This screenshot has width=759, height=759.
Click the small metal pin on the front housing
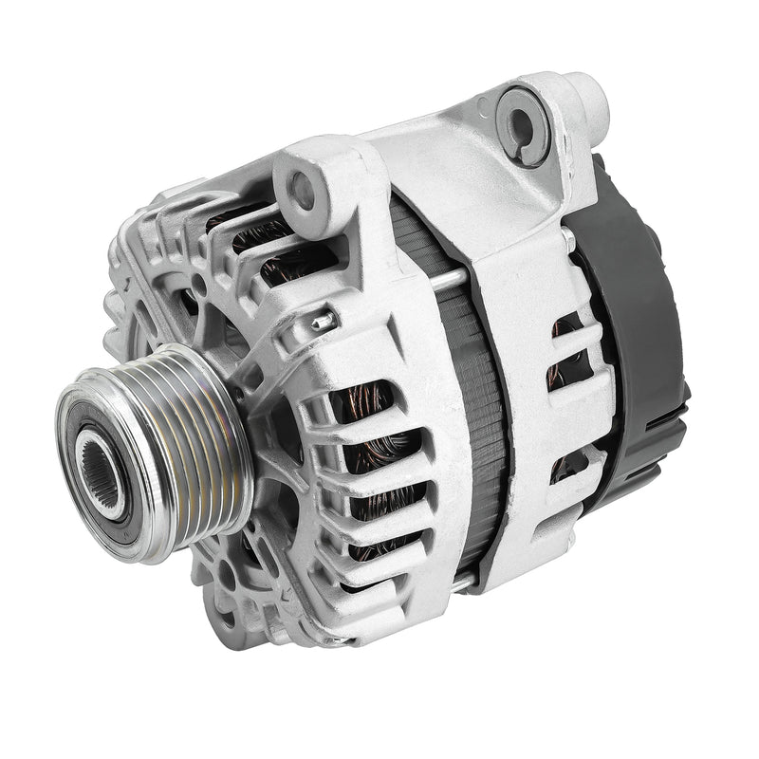[325, 322]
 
